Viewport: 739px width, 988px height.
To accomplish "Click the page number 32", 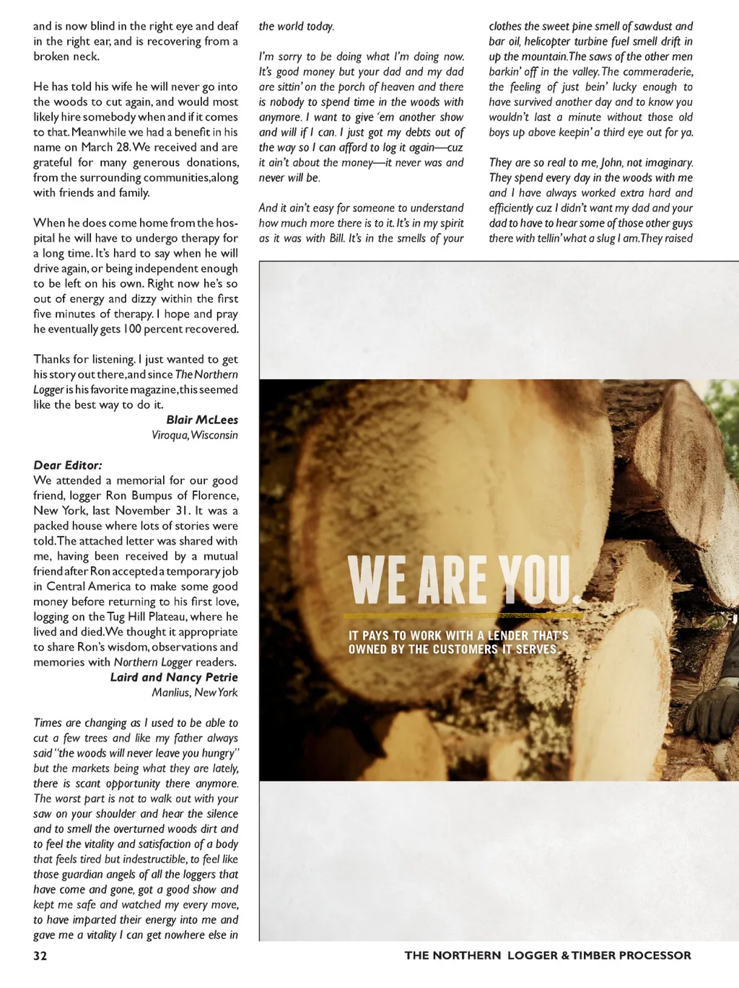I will pos(40,956).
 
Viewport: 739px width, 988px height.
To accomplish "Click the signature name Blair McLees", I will pos(202,420).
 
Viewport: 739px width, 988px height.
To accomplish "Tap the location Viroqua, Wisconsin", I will pos(195,435).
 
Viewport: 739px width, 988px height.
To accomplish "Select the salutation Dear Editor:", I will pos(68,465).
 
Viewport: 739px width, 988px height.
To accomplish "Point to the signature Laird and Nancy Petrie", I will pos(174,677).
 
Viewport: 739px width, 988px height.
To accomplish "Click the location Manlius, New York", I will pos(195,692).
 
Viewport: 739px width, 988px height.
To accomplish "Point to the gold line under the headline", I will pos(462,616).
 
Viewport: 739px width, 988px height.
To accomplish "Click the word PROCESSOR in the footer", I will pos(655,956).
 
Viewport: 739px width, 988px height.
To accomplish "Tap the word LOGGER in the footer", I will pos(533,956).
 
